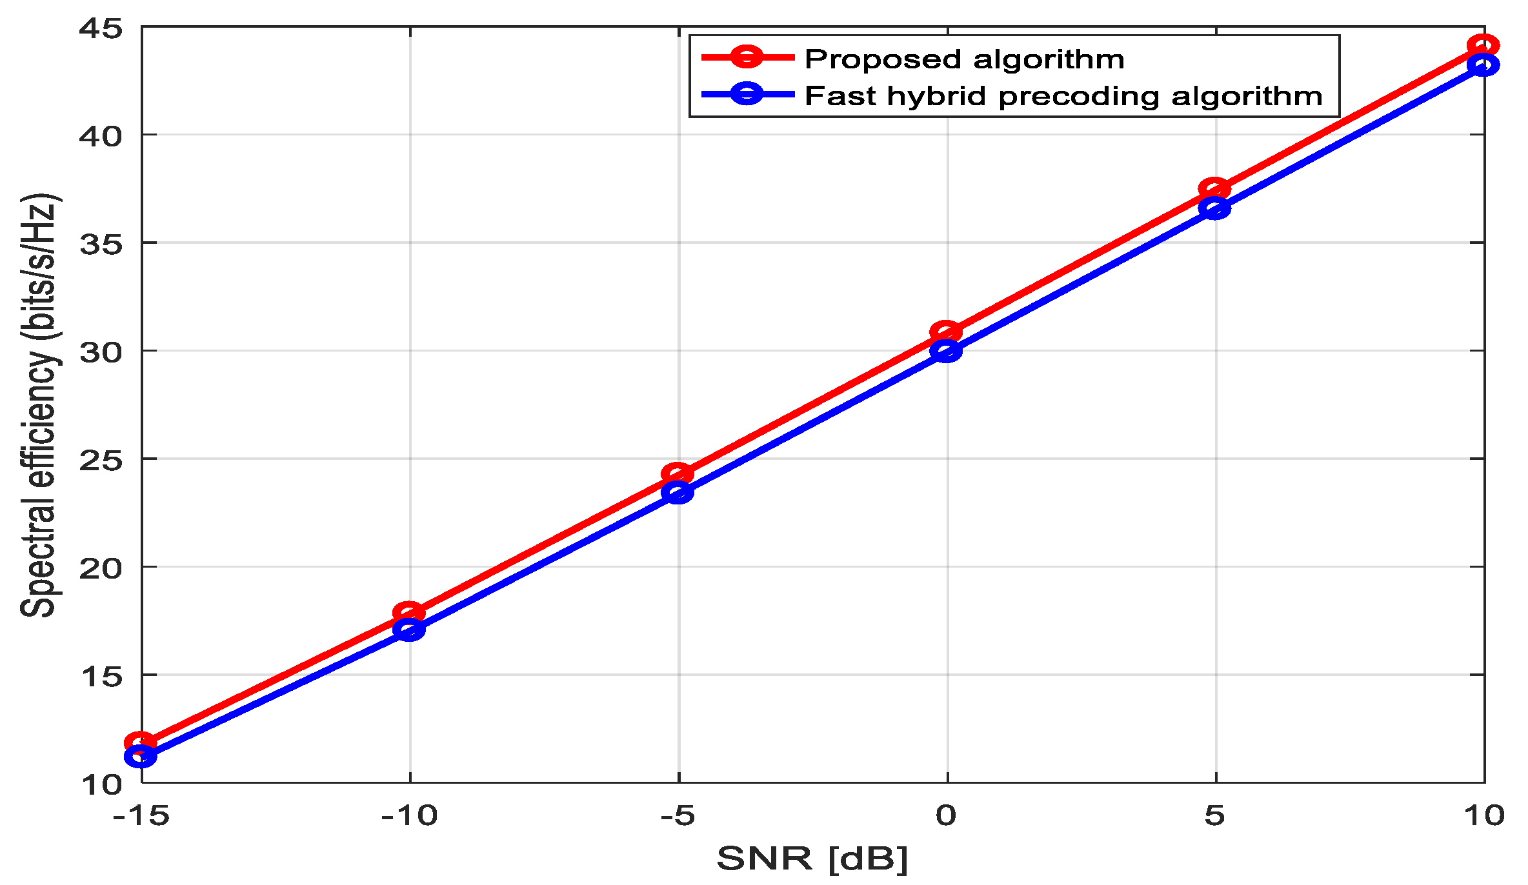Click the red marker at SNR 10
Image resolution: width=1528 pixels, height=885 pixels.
(1483, 46)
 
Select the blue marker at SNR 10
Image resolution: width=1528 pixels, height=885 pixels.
(1483, 65)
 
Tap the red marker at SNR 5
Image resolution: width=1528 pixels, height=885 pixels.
(1214, 189)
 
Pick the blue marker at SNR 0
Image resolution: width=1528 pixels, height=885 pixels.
(946, 351)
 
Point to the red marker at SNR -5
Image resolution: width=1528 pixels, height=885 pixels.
(678, 474)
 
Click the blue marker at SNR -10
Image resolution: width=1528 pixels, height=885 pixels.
(409, 629)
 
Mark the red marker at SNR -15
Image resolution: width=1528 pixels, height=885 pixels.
(141, 743)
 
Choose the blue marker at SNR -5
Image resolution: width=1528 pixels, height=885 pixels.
(678, 493)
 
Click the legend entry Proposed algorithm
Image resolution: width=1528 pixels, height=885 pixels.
(964, 59)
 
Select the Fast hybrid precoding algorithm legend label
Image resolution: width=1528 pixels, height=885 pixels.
(1063, 96)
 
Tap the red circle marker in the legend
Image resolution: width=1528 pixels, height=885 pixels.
(747, 57)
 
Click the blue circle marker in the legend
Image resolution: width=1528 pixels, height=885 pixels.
(747, 94)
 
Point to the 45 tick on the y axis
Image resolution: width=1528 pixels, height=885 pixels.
(101, 28)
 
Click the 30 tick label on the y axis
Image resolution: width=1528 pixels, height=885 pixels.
(101, 352)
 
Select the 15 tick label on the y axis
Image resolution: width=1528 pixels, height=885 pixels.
(101, 677)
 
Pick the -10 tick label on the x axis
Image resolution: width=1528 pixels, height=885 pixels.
(409, 817)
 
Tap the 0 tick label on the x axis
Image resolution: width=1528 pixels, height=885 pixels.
(946, 817)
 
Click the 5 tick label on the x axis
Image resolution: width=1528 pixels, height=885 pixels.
(1214, 817)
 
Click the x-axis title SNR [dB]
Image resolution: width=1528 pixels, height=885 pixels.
(812, 859)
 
